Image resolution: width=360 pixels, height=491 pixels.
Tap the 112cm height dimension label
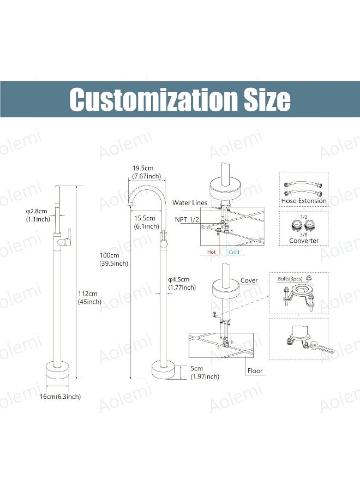[88, 294]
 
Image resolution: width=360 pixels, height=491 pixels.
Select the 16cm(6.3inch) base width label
[60, 397]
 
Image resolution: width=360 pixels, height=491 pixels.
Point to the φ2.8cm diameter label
[37, 211]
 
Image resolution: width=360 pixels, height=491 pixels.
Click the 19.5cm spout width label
[143, 168]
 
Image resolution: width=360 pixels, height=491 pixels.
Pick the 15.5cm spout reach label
[145, 218]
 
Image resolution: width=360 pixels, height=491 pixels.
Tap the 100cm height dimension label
[109, 255]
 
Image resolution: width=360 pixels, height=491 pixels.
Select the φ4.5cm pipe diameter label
[179, 279]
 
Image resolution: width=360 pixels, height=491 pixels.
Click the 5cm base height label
[196, 369]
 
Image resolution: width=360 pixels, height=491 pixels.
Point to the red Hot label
[211, 252]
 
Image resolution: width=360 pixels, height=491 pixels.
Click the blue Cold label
[234, 252]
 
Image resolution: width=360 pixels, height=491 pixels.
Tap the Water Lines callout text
[190, 202]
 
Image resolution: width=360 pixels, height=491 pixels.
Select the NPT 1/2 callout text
[187, 219]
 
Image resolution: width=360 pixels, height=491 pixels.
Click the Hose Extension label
[304, 201]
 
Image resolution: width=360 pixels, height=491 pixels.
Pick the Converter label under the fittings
[304, 241]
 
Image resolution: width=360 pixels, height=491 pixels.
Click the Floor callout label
[255, 371]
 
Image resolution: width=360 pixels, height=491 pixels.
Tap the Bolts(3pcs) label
[290, 279]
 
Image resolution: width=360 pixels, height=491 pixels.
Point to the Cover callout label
[249, 280]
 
